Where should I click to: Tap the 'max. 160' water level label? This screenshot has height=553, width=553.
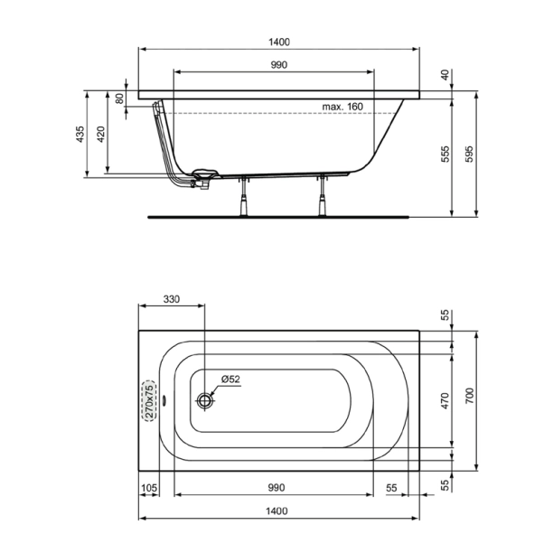pyautogui.click(x=342, y=107)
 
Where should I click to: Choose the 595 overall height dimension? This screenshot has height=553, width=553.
pyautogui.click(x=469, y=155)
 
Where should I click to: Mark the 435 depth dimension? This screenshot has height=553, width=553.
pyautogui.click(x=80, y=135)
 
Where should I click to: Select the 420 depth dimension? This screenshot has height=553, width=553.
pyautogui.click(x=101, y=135)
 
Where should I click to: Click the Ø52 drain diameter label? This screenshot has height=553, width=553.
pyautogui.click(x=230, y=379)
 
